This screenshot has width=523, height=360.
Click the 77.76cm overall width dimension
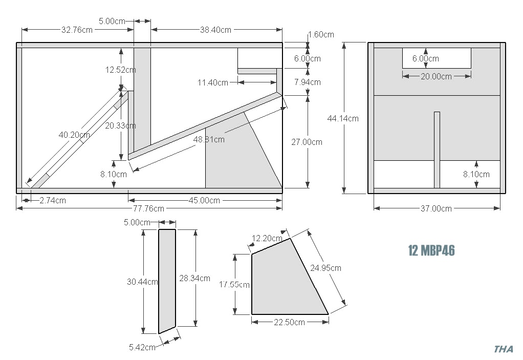(149, 208)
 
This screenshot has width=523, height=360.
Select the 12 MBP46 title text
(431, 250)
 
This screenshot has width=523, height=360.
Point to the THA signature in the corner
(504, 349)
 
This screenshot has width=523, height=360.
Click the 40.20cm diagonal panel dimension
(74, 135)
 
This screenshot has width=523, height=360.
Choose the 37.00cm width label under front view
(437, 208)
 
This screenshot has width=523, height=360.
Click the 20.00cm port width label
(436, 76)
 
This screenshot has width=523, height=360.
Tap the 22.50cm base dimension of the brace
(289, 322)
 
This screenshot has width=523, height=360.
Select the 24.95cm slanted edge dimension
(326, 267)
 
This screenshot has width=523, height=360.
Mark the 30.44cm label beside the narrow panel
(142, 281)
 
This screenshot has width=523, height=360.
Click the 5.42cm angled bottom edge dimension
(142, 347)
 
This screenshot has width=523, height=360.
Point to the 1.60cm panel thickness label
(321, 35)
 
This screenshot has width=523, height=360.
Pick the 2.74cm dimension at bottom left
(52, 200)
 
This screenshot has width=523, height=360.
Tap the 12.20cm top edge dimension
(267, 238)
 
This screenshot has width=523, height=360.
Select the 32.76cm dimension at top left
(77, 30)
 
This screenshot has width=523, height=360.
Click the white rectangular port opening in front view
(436, 58)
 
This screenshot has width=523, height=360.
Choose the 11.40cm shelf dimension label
(213, 82)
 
